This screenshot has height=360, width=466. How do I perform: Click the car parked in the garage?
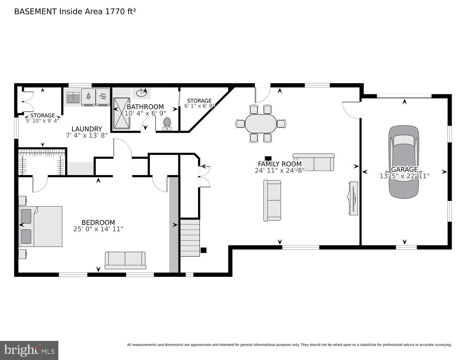pos(404,162)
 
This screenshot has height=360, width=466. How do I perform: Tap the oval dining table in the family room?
pos(261,123)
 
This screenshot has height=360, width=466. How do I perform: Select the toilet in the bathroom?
pos(167,123)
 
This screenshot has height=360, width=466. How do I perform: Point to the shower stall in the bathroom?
pos(121,113)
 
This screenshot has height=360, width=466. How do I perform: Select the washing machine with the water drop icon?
pos(89,96)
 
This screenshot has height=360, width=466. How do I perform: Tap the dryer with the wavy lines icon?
pos(103,96)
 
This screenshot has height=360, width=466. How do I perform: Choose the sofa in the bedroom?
pos(125,260)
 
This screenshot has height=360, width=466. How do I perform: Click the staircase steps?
pos(190,238)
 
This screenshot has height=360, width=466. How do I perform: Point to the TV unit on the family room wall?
pos(353,198)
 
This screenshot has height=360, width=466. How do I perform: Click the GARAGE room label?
pos(404,169)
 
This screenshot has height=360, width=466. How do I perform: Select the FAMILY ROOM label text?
pos(279,164)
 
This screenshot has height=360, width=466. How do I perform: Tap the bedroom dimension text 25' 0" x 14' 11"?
pos(98,229)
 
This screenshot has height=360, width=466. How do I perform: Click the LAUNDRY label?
pos(86,129)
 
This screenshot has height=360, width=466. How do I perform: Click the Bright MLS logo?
pos(29,350)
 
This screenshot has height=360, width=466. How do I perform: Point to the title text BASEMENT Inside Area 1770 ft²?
pos(75,12)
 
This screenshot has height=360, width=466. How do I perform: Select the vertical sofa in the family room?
pos(273,201)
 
